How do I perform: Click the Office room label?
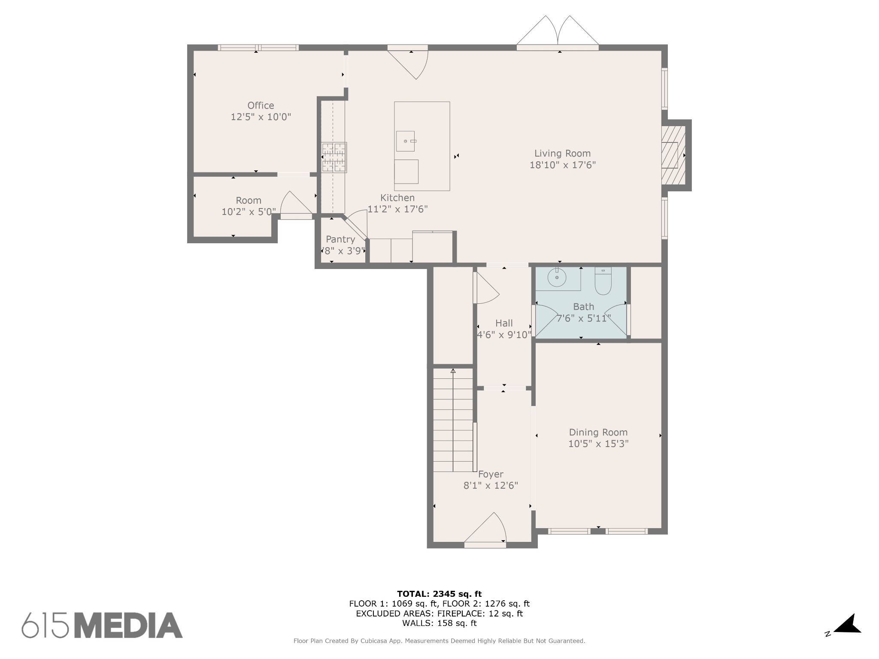[x=261, y=106]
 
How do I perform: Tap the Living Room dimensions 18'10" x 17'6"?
[x=562, y=165]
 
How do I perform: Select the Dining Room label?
[x=598, y=432]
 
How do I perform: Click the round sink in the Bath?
[x=557, y=278]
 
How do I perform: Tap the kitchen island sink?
[x=405, y=141]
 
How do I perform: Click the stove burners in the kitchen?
[x=334, y=157]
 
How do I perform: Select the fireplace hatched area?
[x=673, y=155]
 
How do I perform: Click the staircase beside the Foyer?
[x=453, y=420]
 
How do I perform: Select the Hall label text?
[x=504, y=323]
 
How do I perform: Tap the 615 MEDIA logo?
[x=102, y=625]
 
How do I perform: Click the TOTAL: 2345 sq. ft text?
[x=439, y=594]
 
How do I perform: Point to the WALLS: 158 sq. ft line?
[x=439, y=623]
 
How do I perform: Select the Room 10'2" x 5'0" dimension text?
[x=249, y=212]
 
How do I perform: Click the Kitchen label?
[x=397, y=198]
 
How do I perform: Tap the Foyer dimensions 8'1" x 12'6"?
[x=491, y=486]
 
